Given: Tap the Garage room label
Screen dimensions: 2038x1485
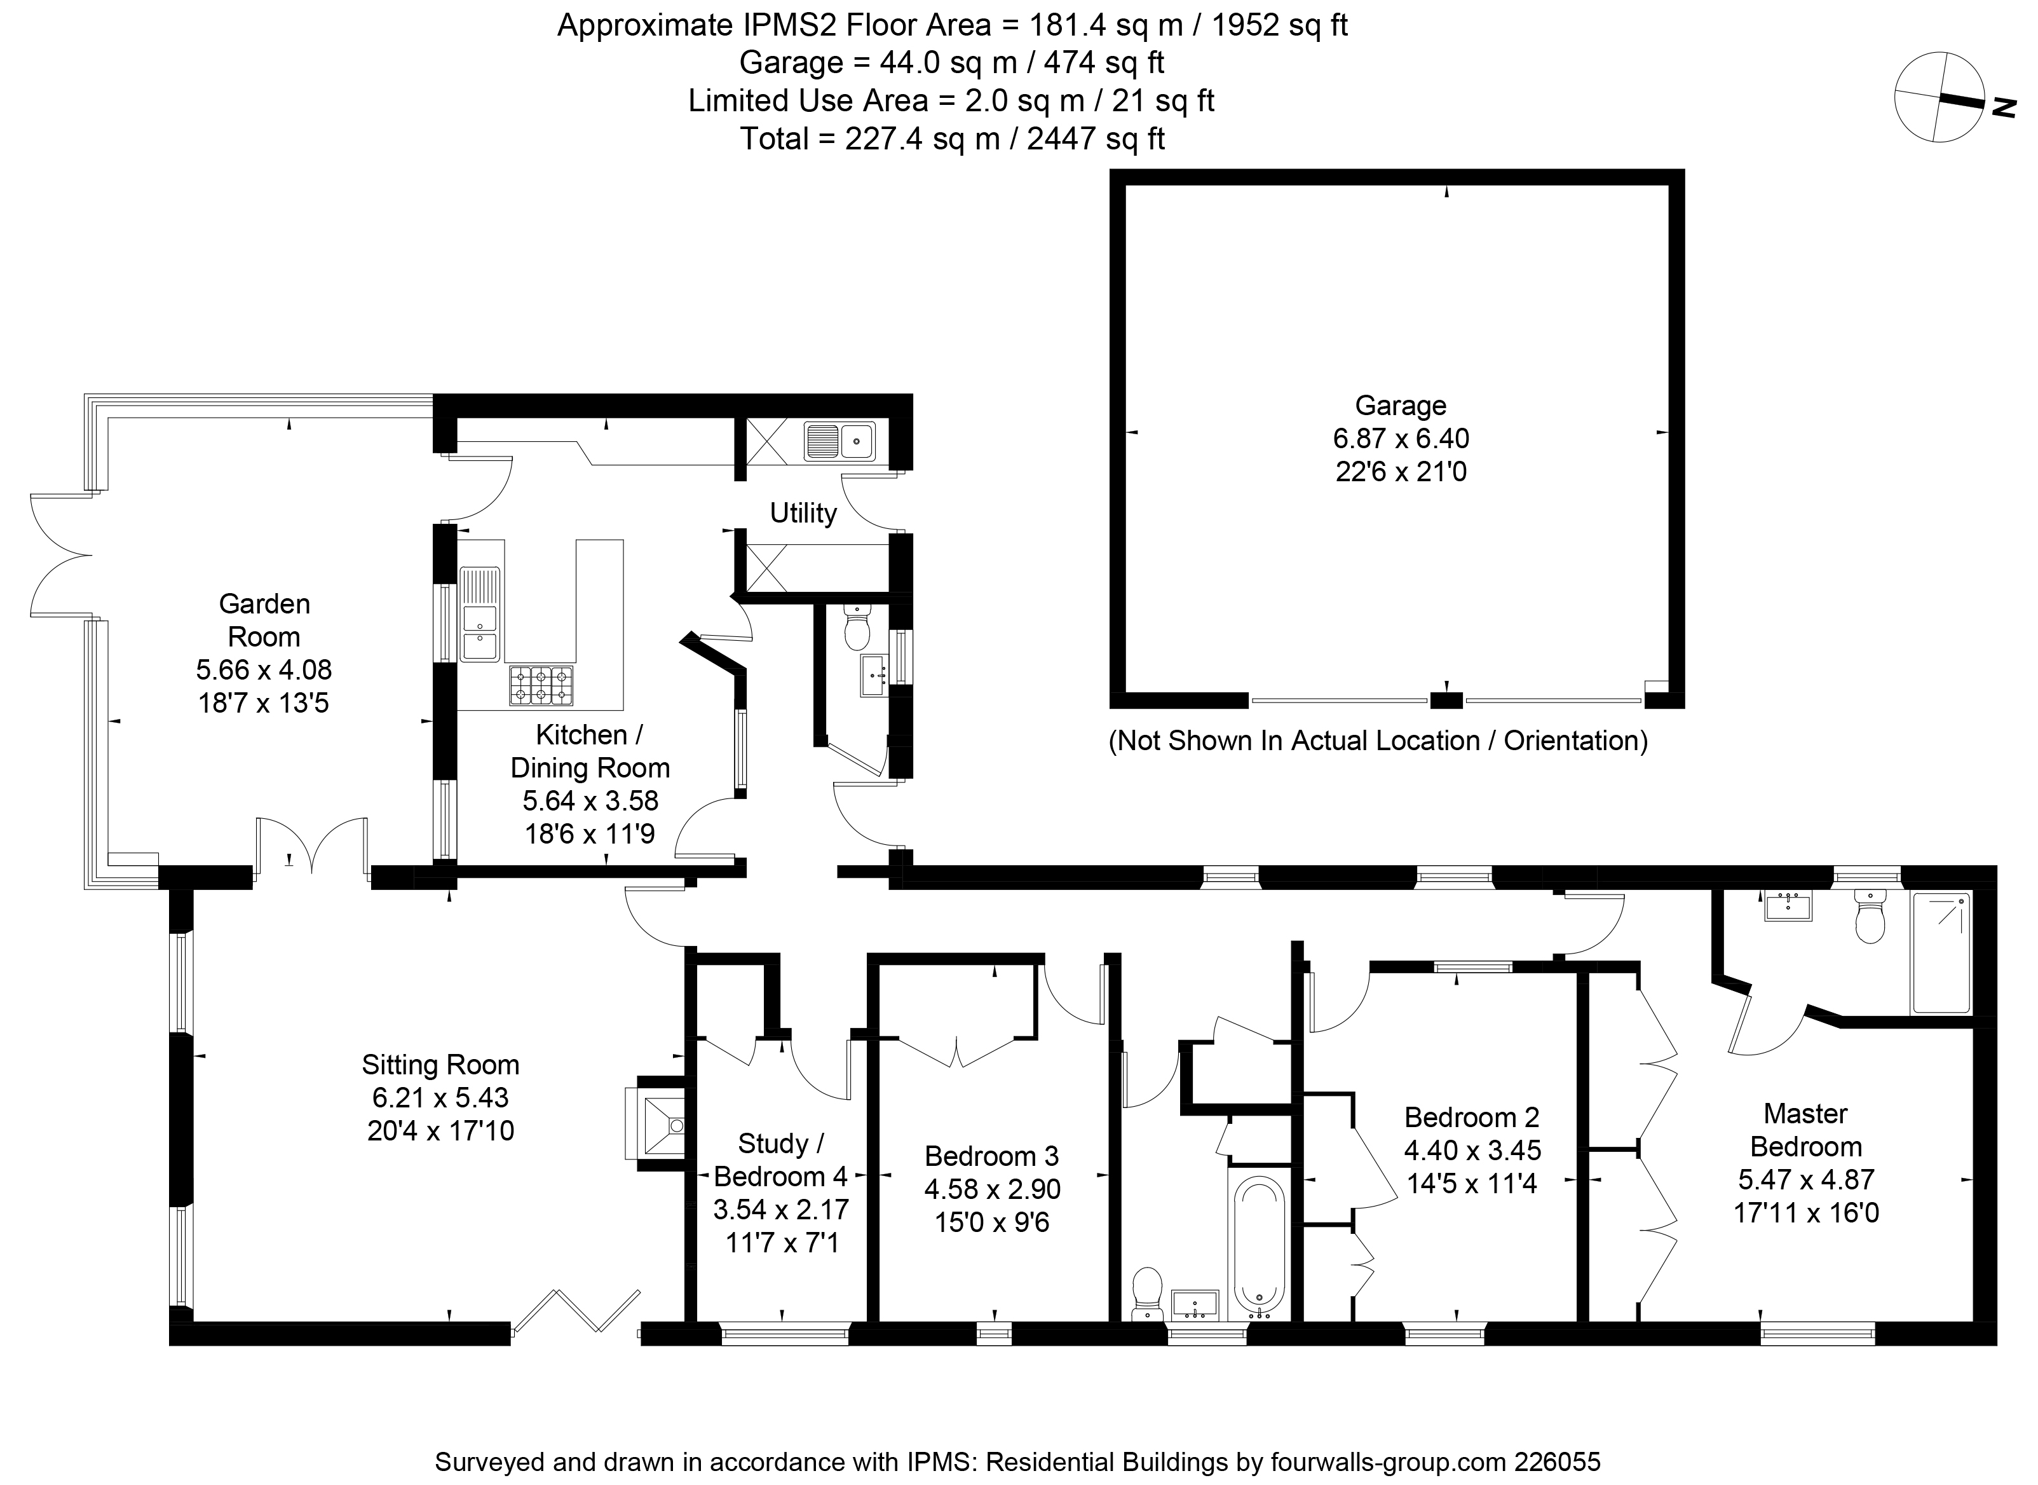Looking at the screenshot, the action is click(1400, 406).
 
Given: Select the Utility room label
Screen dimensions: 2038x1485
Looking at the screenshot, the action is click(803, 512).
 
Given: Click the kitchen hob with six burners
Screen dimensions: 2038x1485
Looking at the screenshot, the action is click(541, 686).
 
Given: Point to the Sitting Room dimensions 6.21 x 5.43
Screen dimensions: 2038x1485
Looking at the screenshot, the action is click(440, 1098).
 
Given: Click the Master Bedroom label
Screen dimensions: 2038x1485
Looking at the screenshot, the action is click(1805, 1130).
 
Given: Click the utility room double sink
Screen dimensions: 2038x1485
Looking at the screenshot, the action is click(840, 441).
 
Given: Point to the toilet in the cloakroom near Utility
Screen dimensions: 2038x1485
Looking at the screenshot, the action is click(857, 627).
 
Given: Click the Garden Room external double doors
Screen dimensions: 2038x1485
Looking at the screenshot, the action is click(61, 554).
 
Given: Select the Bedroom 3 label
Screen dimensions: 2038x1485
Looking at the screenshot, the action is click(992, 1155).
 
